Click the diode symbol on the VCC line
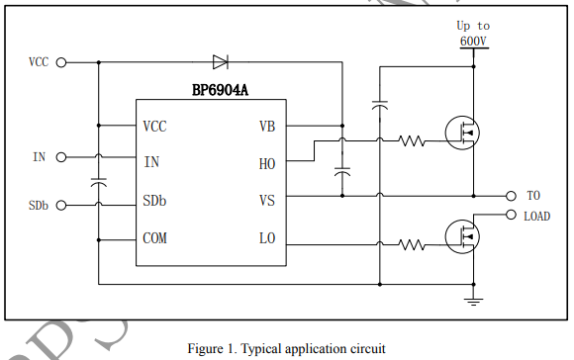coord(221,62)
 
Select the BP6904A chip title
coord(220,90)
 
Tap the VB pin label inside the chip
coord(267,127)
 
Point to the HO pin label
coord(267,164)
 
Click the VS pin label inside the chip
coord(267,201)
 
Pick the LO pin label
coord(267,238)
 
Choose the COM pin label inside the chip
coord(154,238)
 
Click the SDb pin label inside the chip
coord(154,201)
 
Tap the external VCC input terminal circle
coord(61,62)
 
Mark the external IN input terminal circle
coord(61,157)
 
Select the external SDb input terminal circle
coord(61,206)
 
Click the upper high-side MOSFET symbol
coord(462,133)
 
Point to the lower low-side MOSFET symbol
coord(462,236)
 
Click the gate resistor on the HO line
coord(412,140)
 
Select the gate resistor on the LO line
coord(412,244)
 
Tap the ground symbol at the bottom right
coord(473,302)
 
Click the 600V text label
coord(473,41)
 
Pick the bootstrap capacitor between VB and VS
coord(342,171)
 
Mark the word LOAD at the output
coord(537,217)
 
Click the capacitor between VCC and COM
coord(99,182)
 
